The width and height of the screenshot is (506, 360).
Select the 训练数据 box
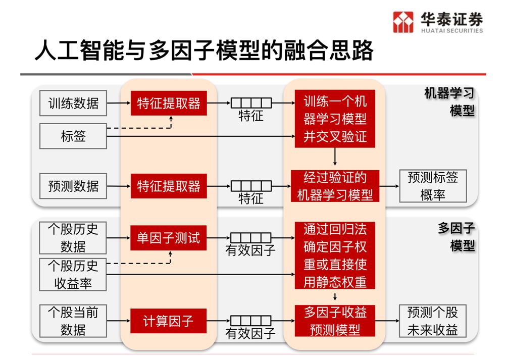[x=73, y=105]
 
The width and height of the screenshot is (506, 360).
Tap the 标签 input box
[x=73, y=136]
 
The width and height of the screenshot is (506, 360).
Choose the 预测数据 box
[x=73, y=186]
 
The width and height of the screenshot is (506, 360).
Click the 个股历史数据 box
[x=73, y=238]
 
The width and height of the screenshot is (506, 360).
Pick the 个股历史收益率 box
[x=73, y=275]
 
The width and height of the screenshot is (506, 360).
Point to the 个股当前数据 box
[x=73, y=321]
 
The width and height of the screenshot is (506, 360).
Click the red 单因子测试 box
[x=168, y=238]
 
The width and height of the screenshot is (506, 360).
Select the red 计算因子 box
[x=168, y=321]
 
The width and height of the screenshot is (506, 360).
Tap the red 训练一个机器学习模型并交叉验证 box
[x=335, y=119]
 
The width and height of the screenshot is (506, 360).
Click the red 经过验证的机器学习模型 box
[x=335, y=186]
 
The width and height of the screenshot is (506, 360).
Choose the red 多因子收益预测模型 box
[x=335, y=321]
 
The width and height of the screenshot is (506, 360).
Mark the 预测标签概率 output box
[x=432, y=186]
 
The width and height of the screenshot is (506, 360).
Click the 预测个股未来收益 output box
[x=432, y=321]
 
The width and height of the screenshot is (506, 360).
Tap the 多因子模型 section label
[x=457, y=237]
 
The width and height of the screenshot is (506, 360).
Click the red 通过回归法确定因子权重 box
[x=335, y=255]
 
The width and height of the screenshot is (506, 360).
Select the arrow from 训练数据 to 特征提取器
[x=118, y=105]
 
